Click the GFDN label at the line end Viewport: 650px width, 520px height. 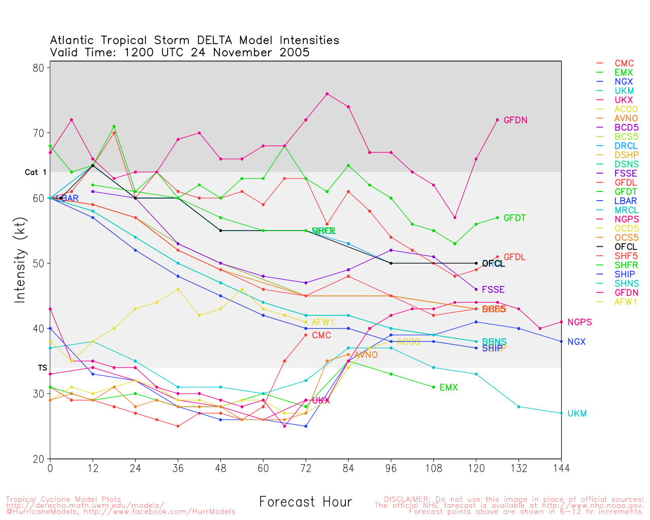pos(515,120)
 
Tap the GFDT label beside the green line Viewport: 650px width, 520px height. pos(514,218)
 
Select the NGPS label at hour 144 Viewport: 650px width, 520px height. pos(579,322)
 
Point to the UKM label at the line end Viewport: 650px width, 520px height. pos(577,413)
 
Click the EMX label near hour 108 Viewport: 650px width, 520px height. pos(448,387)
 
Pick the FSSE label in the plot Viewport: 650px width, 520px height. pos(493,289)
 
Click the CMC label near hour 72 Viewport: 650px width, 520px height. pos(321,335)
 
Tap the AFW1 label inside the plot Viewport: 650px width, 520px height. pos(323,322)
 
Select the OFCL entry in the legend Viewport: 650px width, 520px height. pos(626,247)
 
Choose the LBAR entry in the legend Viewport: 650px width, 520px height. pos(626,201)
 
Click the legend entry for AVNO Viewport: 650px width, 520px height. pos(626,118)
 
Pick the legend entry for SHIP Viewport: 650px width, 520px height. pos(625,274)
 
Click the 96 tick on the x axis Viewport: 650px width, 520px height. pos(391,468)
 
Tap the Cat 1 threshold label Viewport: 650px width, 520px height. pos(36,172)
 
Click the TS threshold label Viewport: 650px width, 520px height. pos(42,367)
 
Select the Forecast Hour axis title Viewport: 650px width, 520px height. pos(305,502)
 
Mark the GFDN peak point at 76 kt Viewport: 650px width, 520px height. pos(327,93)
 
